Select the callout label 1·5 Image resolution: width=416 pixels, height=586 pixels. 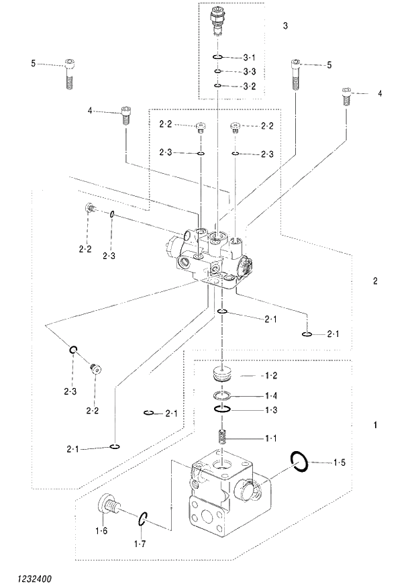pos(340,462)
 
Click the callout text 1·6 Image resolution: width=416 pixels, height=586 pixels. pos(101,531)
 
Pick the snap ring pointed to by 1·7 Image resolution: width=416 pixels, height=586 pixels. pos(144,519)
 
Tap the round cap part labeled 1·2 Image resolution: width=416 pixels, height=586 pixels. pos(222,373)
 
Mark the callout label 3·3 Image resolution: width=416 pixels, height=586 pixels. pos(250,72)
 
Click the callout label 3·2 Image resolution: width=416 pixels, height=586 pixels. pos(250,86)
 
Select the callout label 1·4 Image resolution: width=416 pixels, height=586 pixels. pos(271,395)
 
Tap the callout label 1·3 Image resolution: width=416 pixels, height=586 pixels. pos(271,409)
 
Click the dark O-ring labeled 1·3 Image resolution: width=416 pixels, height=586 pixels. pos(223,409)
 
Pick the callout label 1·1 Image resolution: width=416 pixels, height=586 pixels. pos(271,438)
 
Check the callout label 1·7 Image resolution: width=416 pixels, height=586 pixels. pos(140,543)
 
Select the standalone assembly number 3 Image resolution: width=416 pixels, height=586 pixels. pos(286,26)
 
